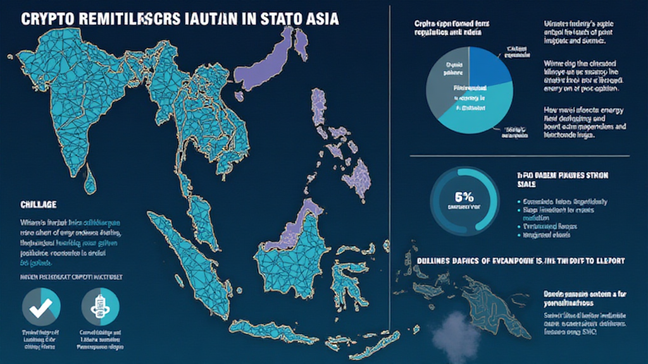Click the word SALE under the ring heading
pos(526,185)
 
